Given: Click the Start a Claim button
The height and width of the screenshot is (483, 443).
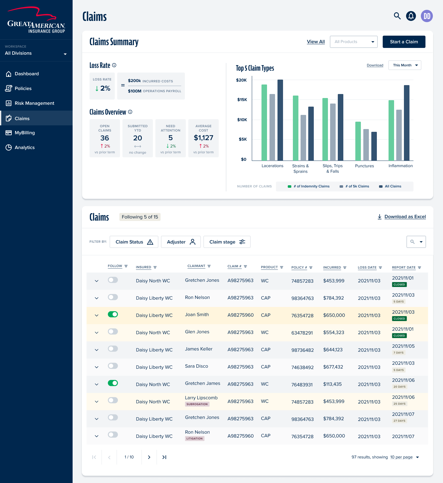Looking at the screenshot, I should coord(404,42).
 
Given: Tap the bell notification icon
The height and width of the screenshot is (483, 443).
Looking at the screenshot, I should coord(411,16).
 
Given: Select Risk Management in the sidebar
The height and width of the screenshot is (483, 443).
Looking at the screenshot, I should coord(34,103).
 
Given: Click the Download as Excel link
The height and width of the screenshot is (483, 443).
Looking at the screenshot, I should coord(405,217).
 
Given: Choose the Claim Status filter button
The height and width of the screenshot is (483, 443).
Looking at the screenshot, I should coord(134,242).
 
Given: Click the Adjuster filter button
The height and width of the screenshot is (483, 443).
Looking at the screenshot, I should coord(181,242).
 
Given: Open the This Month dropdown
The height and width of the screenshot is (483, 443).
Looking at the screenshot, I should coord(405,65).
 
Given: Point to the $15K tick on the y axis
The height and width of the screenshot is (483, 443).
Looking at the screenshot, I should coord(242,100).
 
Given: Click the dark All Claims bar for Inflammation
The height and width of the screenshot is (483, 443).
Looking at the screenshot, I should coord(406,123).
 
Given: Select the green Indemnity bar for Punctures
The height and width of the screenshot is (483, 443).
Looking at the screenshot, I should coord(358,141).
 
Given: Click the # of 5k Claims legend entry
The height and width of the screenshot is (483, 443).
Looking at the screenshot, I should coord(354,186).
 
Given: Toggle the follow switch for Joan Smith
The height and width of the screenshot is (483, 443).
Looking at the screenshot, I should coord(113,314).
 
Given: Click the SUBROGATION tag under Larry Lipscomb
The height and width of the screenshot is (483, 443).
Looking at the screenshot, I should coord(197,404).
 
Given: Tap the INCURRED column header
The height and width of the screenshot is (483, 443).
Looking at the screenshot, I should coord(332,267).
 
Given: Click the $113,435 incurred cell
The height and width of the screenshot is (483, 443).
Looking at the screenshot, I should coord(332,384).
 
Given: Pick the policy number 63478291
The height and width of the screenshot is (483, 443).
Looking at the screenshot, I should coord(302,333).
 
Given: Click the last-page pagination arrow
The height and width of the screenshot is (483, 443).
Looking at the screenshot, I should coord(164,457).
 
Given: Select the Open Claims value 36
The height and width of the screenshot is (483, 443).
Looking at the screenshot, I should coord(105,138).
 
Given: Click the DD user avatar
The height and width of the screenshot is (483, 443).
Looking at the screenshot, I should coord(427,16).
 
